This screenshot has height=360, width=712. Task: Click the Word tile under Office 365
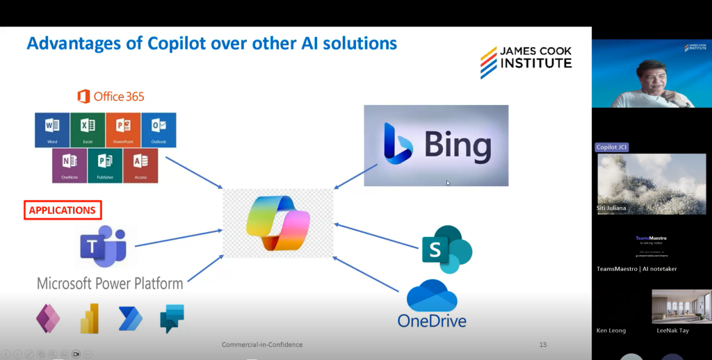pyautogui.click(x=52, y=130)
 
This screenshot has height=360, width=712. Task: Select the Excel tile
pyautogui.click(x=88, y=130)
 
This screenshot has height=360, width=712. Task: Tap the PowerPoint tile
pyautogui.click(x=124, y=130)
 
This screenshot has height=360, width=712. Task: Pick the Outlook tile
pyautogui.click(x=159, y=130)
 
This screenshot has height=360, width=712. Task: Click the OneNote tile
pyautogui.click(x=70, y=165)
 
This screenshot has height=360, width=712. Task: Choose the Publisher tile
pyautogui.click(x=105, y=165)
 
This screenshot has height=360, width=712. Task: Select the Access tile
pyautogui.click(x=140, y=165)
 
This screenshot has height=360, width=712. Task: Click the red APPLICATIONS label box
pyautogui.click(x=63, y=210)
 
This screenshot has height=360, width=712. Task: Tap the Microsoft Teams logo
pyautogui.click(x=103, y=247)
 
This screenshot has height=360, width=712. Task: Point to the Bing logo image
pyautogui.click(x=436, y=146)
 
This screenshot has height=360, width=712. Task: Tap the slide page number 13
pyautogui.click(x=543, y=345)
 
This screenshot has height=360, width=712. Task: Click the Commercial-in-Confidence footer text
pyautogui.click(x=262, y=345)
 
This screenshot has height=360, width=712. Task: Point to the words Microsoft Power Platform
pyautogui.click(x=110, y=284)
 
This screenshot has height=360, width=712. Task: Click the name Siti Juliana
pyautogui.click(x=612, y=207)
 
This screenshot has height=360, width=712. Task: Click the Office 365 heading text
pyautogui.click(x=111, y=97)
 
